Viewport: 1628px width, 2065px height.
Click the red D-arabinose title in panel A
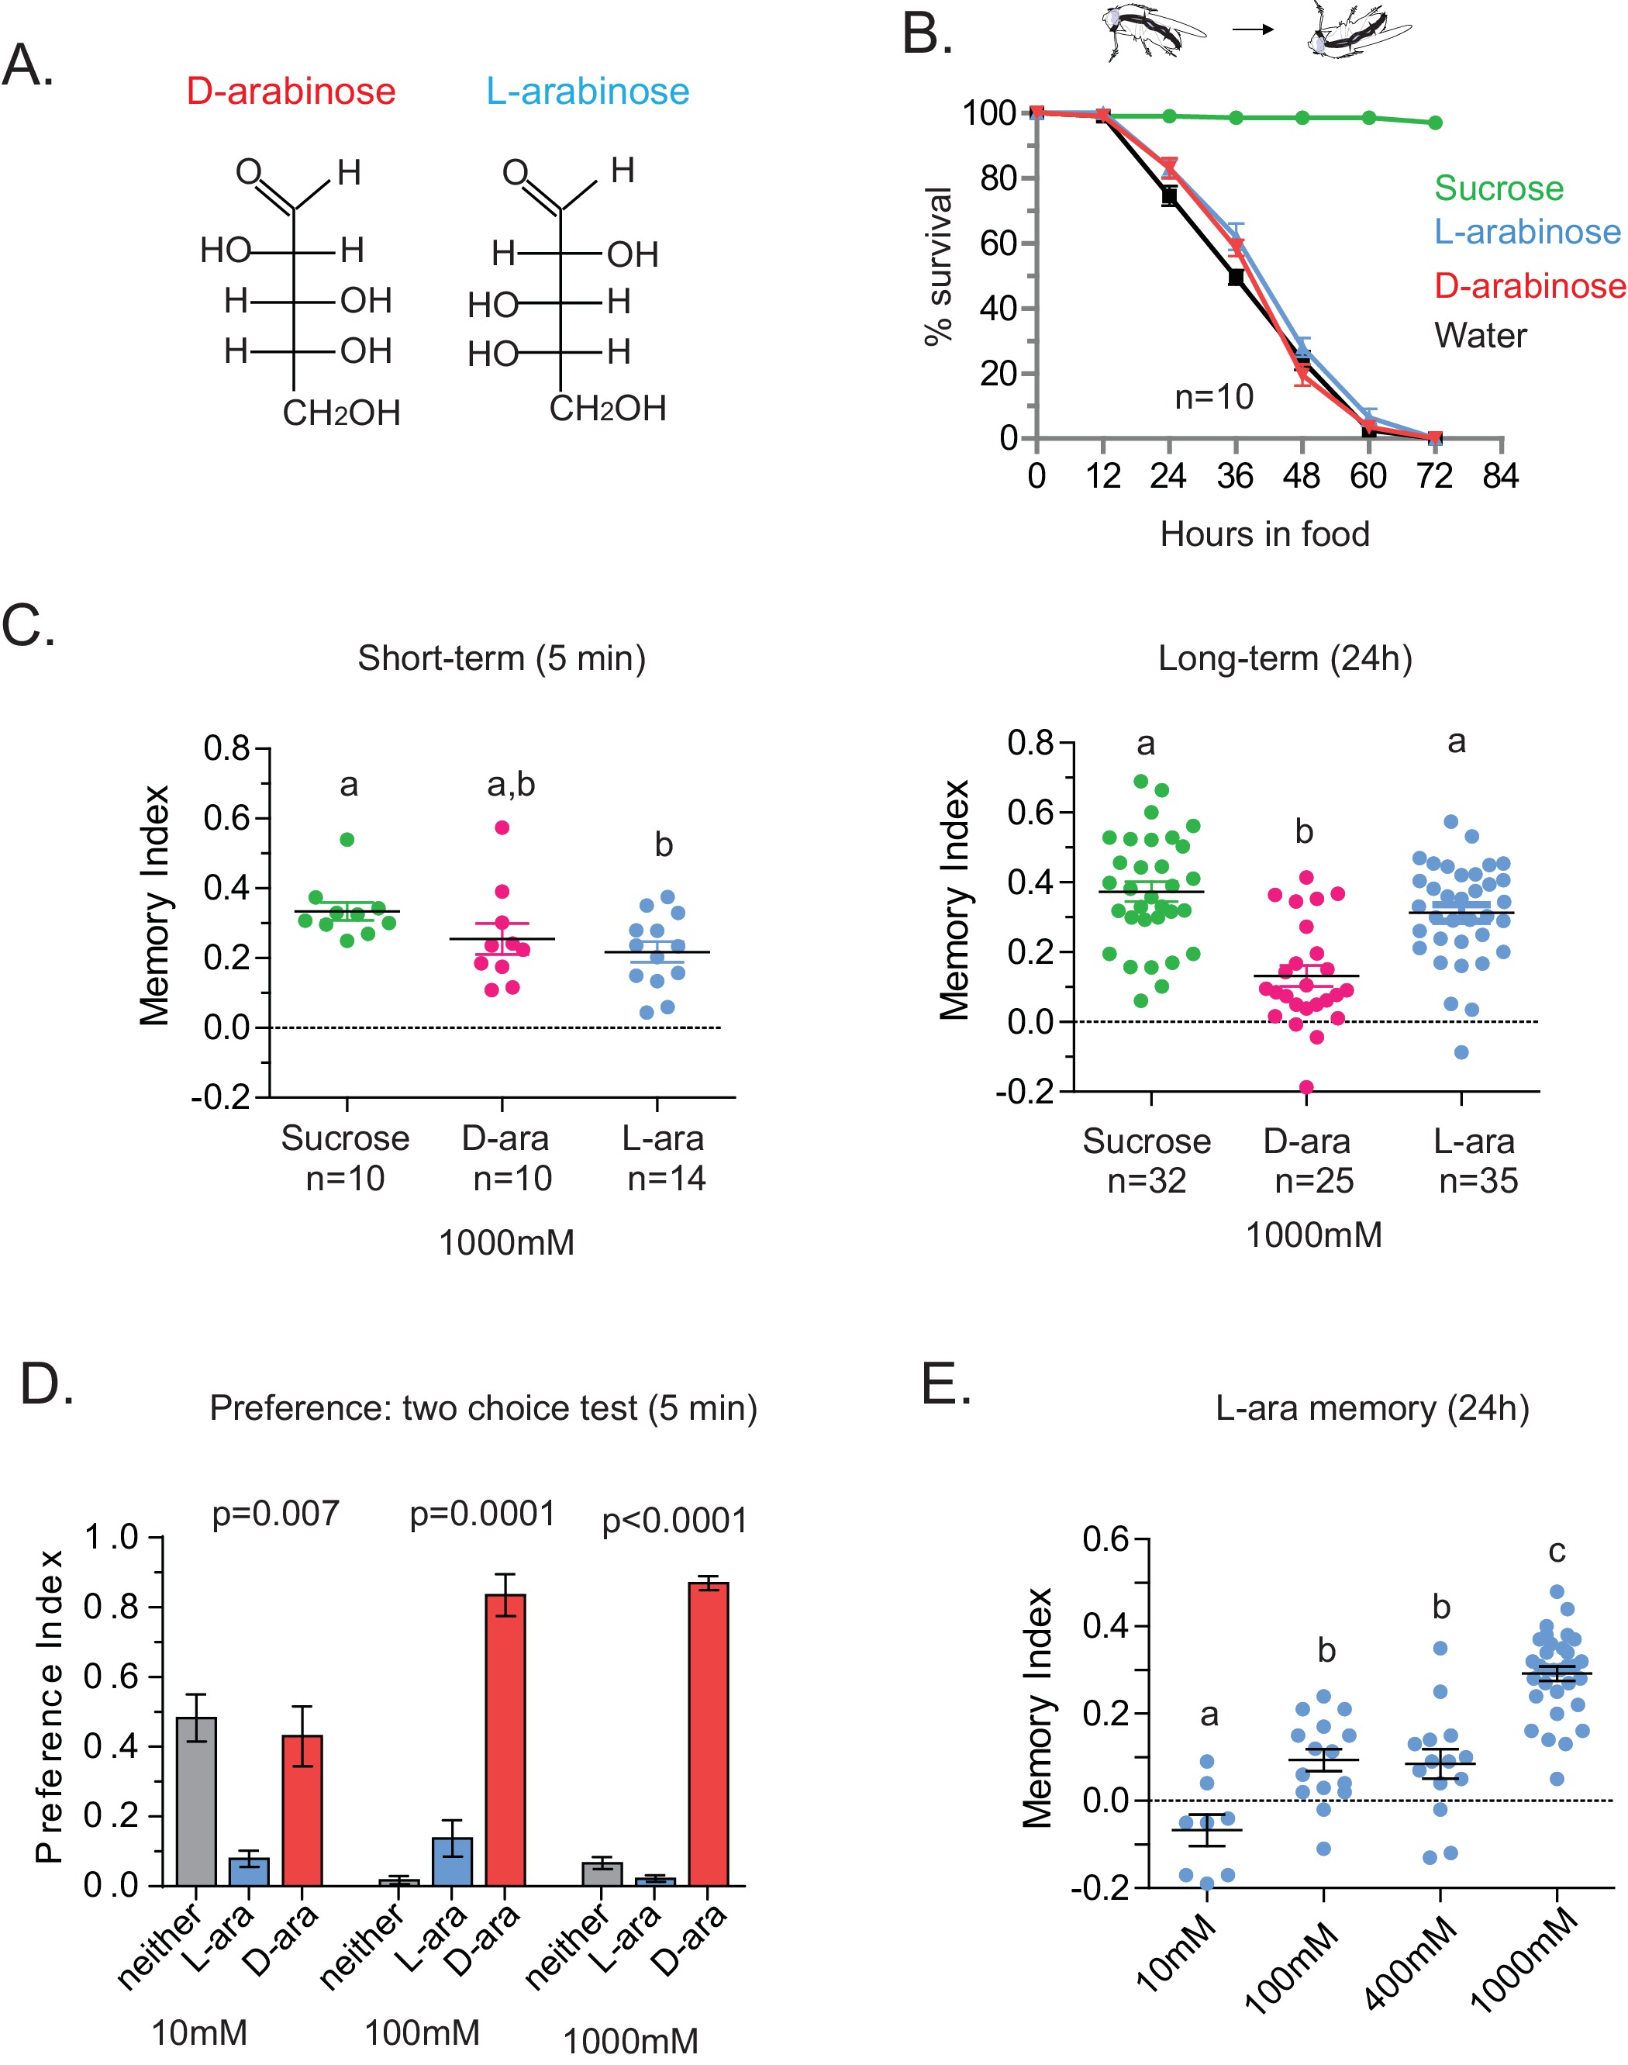pos(291,92)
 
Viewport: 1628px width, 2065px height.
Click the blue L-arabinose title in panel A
pos(587,92)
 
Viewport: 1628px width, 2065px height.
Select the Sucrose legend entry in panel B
pos(1499,188)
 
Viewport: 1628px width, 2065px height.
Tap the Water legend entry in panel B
pos(1480,336)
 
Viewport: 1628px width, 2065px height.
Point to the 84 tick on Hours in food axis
pos(1500,475)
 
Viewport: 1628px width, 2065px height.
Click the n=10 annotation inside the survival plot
pos(1213,396)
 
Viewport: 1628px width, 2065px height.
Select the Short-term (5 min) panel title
pos(502,658)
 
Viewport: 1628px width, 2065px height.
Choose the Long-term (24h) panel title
pos(1285,658)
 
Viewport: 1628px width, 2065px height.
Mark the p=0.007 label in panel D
pos(275,1513)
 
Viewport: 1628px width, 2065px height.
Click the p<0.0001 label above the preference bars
pos(674,1521)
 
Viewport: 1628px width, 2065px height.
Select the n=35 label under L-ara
pos(1478,1181)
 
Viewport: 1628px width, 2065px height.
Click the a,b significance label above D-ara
pos(511,785)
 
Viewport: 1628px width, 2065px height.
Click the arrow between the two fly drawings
pos(1253,29)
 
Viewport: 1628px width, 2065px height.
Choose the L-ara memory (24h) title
pos(1371,1408)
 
